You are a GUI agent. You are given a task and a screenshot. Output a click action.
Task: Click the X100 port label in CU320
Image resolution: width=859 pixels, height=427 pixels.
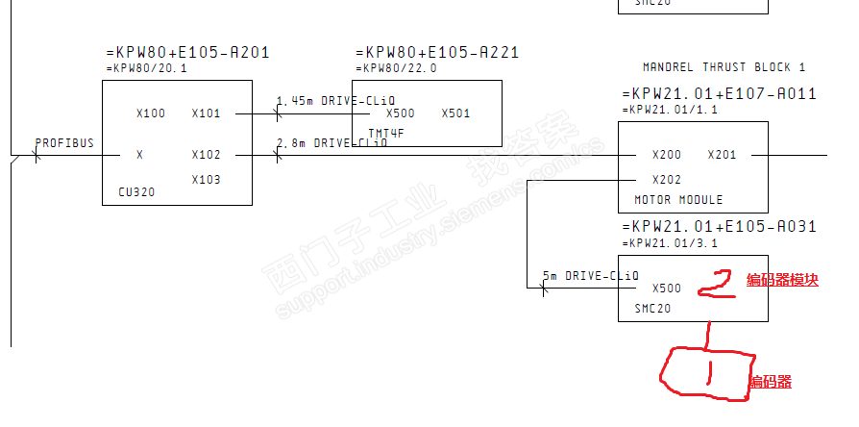coord(151,113)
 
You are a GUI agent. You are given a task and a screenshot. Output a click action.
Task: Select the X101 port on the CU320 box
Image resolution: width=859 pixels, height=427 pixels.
coord(206,113)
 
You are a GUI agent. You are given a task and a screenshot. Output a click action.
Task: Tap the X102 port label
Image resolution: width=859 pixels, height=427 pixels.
coord(206,155)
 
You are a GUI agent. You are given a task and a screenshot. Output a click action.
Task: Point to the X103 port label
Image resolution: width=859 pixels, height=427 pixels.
coord(206,180)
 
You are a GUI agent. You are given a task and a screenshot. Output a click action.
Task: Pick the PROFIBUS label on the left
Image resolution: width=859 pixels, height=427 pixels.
coord(64,143)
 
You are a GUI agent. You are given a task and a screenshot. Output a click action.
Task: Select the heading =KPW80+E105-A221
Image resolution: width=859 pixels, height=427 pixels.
coord(437,53)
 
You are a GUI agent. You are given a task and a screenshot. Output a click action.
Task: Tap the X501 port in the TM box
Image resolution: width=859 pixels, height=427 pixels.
coord(455,113)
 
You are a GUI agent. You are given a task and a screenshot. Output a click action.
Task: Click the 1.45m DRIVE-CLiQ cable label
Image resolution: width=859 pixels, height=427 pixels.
coord(335,101)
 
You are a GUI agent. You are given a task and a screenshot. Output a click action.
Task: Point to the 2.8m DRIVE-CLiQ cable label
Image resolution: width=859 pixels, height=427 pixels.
coord(331,143)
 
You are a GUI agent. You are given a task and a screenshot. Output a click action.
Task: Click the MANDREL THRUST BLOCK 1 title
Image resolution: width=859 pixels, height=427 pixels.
coord(724,67)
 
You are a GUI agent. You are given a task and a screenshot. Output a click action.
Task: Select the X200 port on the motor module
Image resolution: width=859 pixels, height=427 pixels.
coord(666,155)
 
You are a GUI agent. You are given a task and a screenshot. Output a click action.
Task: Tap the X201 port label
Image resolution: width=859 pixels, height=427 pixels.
coord(722,155)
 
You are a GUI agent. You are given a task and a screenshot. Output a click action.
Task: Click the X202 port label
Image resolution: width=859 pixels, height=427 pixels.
coord(666,180)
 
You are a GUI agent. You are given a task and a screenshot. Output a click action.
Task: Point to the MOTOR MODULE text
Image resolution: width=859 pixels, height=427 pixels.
coord(678,200)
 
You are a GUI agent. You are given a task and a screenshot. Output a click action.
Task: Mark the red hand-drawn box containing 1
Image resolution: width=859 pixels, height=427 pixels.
coord(706,372)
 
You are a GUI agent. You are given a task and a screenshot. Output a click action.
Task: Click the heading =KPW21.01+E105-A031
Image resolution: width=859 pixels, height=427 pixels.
coord(720,227)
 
